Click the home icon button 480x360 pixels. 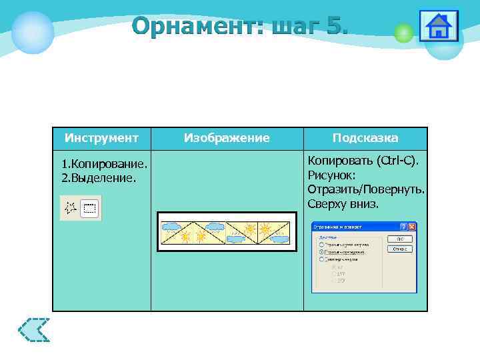click(x=438, y=27)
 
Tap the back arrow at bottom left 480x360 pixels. click(x=34, y=329)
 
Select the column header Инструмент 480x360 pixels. click(x=101, y=138)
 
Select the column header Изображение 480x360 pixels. click(x=227, y=138)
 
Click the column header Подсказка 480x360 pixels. click(x=365, y=138)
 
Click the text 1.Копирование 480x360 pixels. click(x=103, y=164)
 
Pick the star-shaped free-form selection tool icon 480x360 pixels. click(x=70, y=209)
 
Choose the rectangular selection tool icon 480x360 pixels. click(x=90, y=209)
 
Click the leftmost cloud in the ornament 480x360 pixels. click(x=172, y=227)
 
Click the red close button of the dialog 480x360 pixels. click(x=411, y=227)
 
